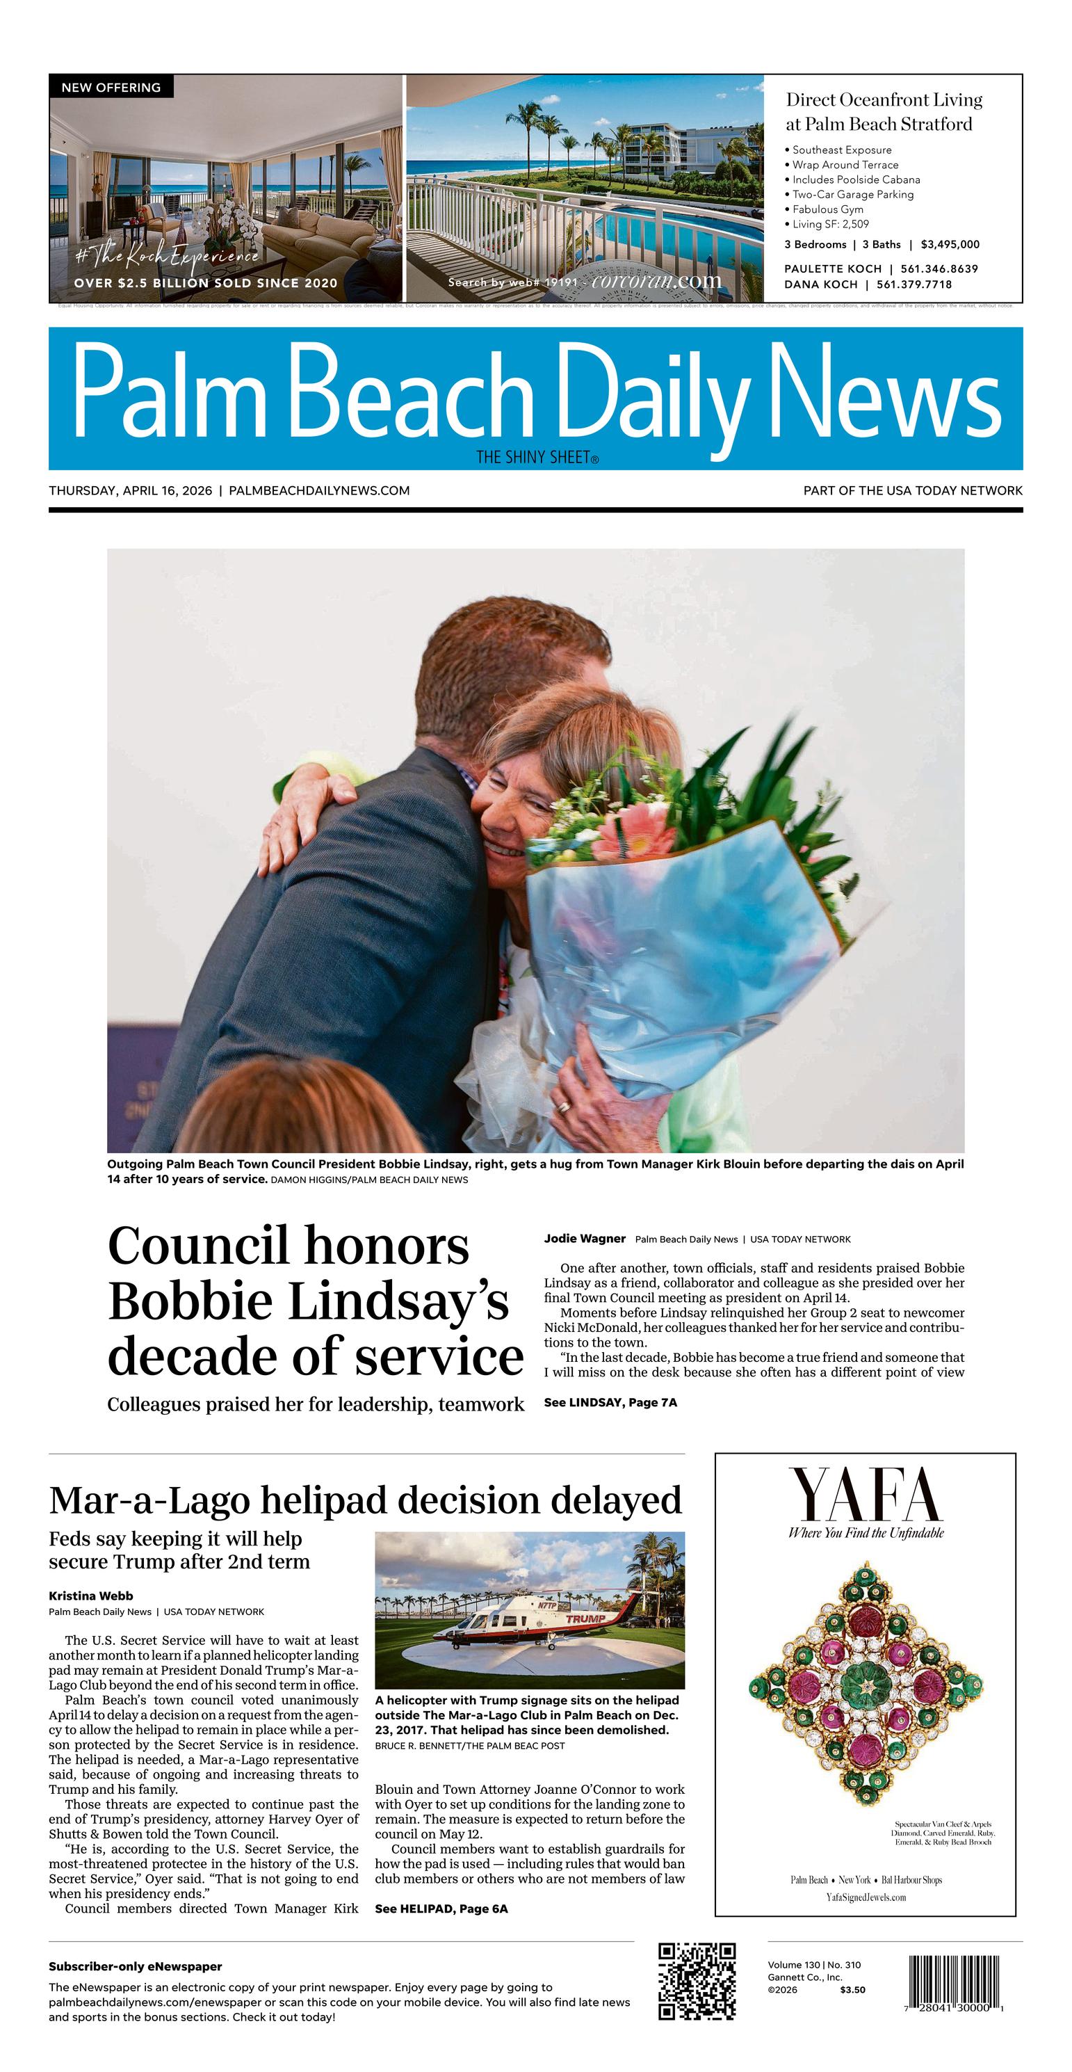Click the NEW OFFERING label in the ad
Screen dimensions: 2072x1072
tap(111, 87)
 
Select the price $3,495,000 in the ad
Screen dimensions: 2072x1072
tap(950, 245)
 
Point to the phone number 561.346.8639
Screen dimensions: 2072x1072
tap(939, 268)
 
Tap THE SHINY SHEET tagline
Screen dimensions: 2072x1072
tap(537, 458)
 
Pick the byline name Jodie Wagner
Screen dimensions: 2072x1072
tap(585, 1239)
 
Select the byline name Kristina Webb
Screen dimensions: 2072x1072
tap(91, 1596)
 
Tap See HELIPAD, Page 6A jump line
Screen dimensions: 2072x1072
tap(441, 1909)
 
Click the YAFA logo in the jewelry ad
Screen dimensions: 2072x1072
tap(866, 1495)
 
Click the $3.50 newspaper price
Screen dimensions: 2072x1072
tap(852, 1989)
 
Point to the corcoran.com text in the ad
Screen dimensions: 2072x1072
tap(656, 281)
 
